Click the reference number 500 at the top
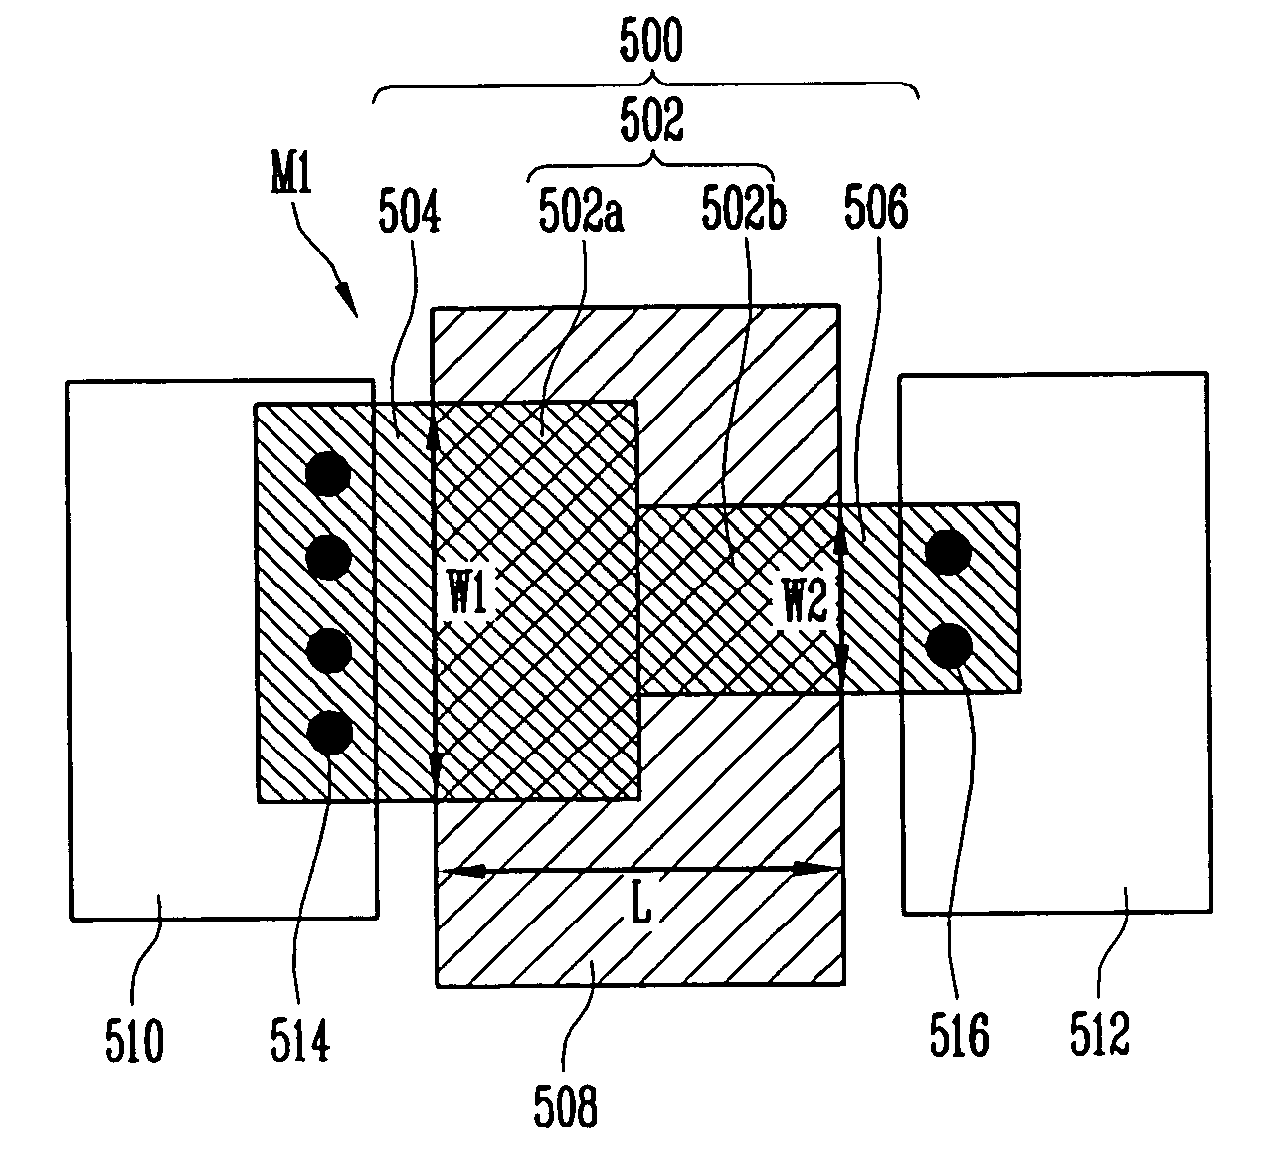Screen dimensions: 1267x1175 (651, 40)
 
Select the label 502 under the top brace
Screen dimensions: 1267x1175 (651, 120)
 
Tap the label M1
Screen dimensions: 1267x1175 (291, 174)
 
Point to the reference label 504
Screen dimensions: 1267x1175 (409, 211)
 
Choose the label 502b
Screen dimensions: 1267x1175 (744, 207)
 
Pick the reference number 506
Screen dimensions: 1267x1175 (876, 207)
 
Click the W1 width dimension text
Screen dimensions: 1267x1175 (468, 591)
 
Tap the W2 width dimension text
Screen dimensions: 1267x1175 (806, 599)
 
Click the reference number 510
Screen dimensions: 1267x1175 (134, 1041)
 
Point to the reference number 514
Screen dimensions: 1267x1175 (300, 1040)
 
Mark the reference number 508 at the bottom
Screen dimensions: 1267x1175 (565, 1106)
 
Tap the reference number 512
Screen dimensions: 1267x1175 (1100, 1033)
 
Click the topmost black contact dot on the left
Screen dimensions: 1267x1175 (328, 474)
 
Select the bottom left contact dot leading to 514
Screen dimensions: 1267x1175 (330, 733)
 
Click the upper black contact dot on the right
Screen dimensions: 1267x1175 (949, 552)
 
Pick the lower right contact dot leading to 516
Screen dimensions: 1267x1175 (950, 645)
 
